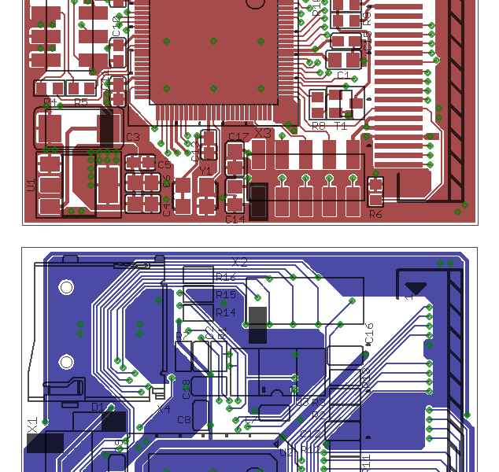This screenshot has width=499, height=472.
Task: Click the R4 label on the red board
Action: coord(49,103)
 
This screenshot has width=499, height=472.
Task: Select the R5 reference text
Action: coord(81,103)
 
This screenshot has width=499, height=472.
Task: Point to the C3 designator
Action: coord(132,138)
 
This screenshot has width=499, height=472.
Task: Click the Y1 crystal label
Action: coord(205,171)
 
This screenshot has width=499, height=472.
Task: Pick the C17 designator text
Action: coord(238,138)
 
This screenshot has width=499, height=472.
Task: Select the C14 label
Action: coord(235,219)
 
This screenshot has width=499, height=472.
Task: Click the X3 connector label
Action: coord(262,134)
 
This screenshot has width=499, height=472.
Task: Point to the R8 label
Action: coord(318,126)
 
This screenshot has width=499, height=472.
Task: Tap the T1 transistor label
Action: coord(341,126)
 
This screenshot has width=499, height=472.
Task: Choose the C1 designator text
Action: coord(343,76)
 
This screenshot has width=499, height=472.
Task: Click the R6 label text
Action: coord(375,214)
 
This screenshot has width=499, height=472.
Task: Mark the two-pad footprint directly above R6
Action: coord(375,190)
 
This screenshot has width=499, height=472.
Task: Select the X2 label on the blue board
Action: coord(239,263)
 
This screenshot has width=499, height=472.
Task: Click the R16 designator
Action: coord(226,277)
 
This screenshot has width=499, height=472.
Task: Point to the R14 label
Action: coord(226,312)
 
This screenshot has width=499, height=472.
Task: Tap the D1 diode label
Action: coord(98,407)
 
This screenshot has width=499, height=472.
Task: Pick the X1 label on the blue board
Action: coord(32,425)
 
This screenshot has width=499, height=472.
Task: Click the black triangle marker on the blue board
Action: coord(416,289)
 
